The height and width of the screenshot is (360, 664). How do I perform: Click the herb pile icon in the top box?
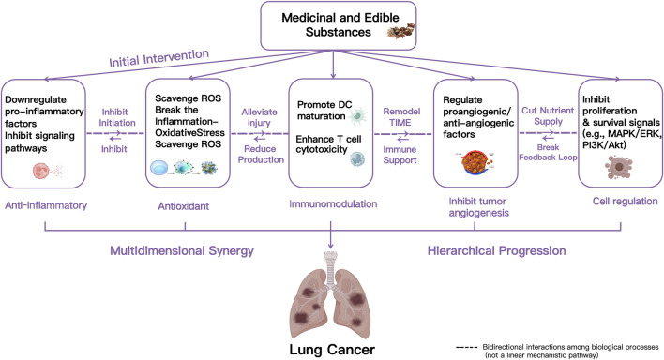(x=400, y=31)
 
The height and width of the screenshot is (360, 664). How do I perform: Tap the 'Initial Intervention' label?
(x=159, y=58)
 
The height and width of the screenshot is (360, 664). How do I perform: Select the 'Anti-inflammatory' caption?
(x=46, y=205)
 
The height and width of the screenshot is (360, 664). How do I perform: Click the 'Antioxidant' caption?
(x=184, y=206)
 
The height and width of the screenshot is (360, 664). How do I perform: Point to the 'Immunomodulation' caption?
(x=333, y=204)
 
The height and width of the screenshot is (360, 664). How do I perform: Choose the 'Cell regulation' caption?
(x=625, y=202)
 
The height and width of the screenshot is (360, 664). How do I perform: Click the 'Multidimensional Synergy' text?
(x=182, y=250)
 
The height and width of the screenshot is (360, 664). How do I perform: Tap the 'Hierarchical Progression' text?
(x=496, y=250)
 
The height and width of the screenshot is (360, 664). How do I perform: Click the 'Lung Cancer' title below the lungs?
(x=332, y=350)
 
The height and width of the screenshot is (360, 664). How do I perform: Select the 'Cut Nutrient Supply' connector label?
(x=548, y=115)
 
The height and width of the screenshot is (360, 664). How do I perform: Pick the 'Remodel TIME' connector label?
(x=401, y=117)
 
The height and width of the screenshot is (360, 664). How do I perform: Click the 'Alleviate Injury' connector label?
(x=259, y=117)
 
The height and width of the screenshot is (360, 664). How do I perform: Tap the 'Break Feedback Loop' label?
(x=548, y=153)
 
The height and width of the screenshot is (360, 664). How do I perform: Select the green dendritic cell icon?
(x=358, y=115)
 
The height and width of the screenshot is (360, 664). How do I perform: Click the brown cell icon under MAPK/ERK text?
(x=618, y=167)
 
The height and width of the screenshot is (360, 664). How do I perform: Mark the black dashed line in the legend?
(x=467, y=347)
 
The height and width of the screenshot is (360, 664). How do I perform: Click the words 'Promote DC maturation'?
(x=324, y=110)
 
